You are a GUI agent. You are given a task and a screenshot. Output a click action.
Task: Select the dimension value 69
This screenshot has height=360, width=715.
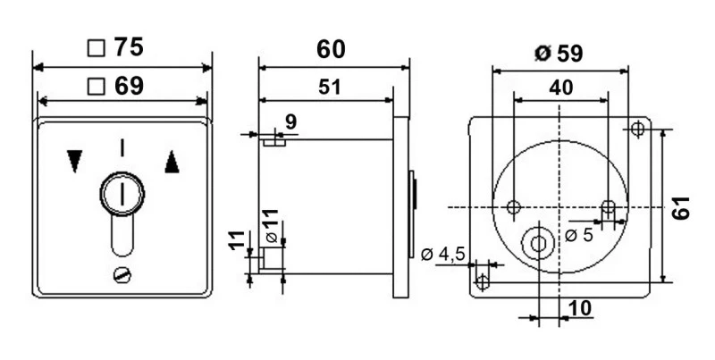(129, 86)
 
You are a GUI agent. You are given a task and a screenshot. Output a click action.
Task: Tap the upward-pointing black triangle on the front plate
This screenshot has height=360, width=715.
(172, 160)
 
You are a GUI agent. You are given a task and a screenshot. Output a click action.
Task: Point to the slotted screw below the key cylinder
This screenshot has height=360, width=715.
(122, 276)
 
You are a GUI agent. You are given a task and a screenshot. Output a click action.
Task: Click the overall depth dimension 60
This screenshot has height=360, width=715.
(331, 49)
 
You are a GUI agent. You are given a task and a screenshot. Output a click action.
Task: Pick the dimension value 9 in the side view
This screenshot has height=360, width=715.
(290, 121)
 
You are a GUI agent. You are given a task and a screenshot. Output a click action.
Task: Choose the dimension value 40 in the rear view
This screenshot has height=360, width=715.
(559, 88)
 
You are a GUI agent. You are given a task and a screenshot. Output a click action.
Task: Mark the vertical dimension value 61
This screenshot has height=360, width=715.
(681, 208)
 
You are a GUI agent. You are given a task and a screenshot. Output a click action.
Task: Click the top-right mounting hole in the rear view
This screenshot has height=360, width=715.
(637, 130)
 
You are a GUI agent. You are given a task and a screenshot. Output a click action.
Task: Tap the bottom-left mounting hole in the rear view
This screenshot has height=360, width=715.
(483, 282)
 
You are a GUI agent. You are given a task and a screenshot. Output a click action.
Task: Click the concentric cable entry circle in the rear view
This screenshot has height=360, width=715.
(538, 242)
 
